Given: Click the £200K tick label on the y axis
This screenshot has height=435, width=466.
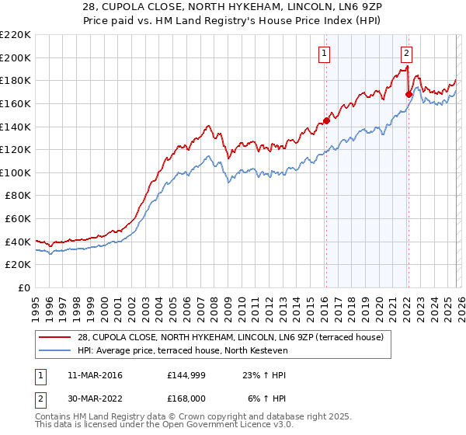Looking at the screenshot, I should tap(16, 57).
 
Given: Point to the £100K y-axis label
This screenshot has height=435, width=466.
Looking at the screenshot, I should tap(16, 172).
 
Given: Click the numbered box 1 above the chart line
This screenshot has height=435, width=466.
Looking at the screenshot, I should tap(323, 54).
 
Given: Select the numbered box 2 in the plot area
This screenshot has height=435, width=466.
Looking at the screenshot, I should tap(406, 54).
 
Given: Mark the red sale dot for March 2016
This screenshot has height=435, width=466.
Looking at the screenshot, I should tap(326, 120).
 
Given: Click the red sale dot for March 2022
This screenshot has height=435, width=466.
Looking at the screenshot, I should tap(409, 94).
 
